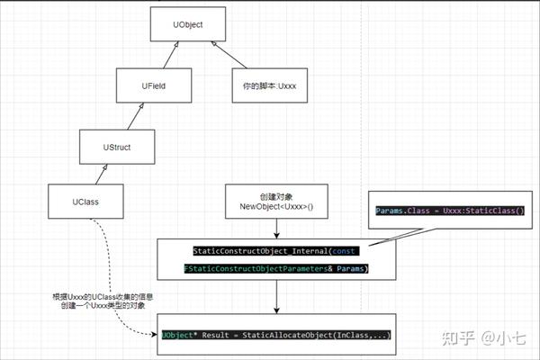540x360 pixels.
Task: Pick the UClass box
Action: (85, 201)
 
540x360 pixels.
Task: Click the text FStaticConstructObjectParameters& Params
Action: (275, 269)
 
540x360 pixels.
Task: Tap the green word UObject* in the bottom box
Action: (177, 334)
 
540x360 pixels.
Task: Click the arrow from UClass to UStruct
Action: (102, 173)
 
